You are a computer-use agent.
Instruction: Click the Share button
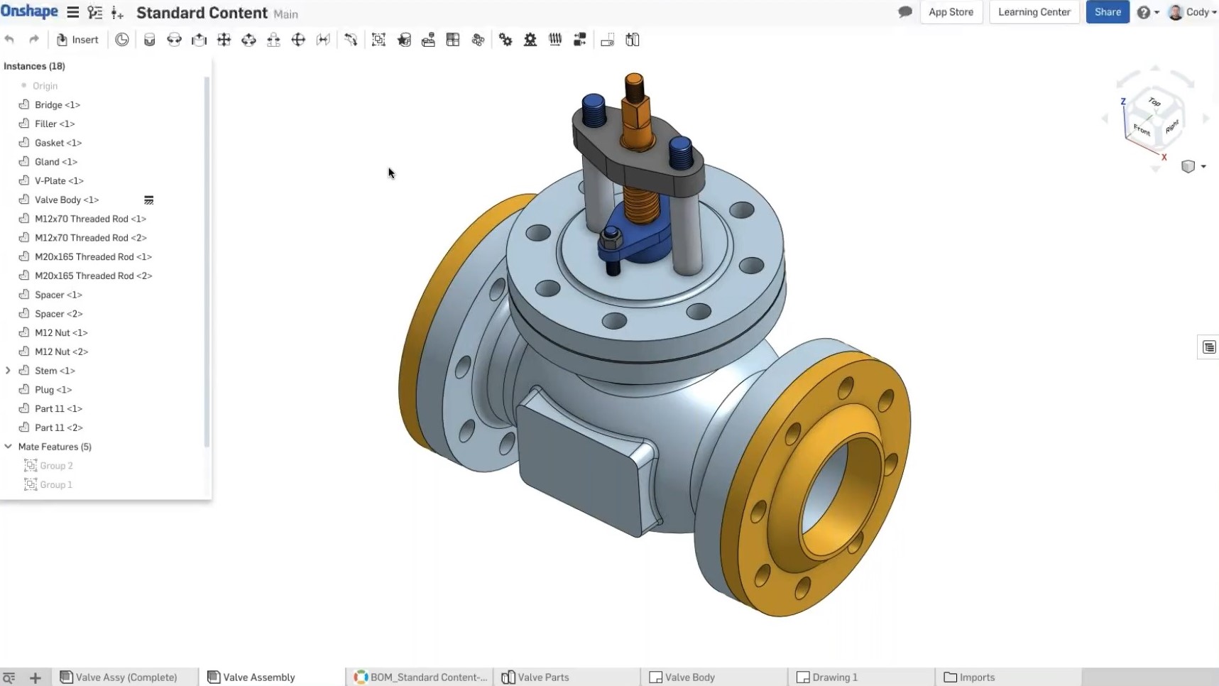click(x=1107, y=12)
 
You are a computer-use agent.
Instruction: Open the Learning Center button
click(x=1034, y=12)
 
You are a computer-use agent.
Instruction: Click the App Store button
click(x=951, y=12)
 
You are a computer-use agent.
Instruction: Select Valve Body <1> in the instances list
click(x=67, y=200)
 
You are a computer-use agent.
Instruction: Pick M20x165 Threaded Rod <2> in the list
click(x=93, y=276)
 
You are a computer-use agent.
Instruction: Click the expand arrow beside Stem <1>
click(x=8, y=371)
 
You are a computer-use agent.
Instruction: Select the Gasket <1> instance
click(x=58, y=143)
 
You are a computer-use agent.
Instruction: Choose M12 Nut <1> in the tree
click(x=61, y=332)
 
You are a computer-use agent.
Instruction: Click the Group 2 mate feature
click(x=56, y=466)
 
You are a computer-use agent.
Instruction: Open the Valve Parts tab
click(x=542, y=677)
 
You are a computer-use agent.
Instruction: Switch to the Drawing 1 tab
click(x=834, y=677)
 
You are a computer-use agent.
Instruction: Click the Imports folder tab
click(x=976, y=677)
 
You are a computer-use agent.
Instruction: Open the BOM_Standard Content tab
click(x=427, y=677)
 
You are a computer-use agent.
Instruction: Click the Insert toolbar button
click(x=77, y=40)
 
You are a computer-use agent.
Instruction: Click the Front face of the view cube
click(x=1141, y=129)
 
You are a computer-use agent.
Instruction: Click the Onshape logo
click(x=29, y=12)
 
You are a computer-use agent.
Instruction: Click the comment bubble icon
click(x=904, y=12)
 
